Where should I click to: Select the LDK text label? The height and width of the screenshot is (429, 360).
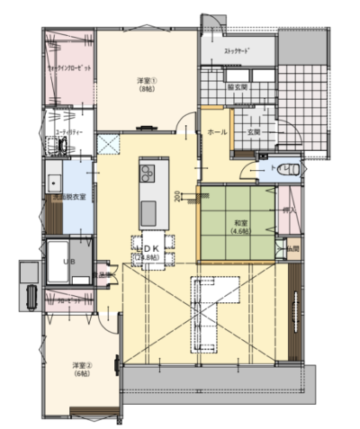click(147, 248)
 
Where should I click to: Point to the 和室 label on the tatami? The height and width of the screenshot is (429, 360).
click(239, 226)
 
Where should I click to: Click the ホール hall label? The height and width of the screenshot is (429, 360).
click(216, 132)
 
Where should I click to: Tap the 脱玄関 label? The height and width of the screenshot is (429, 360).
click(238, 87)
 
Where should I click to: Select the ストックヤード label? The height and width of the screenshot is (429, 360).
click(237, 51)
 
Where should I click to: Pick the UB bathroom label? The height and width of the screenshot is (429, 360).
click(66, 258)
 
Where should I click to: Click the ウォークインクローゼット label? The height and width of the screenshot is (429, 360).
click(68, 67)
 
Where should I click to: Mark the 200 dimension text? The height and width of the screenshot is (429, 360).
click(177, 194)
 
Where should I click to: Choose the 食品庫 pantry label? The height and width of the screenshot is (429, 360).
click(103, 275)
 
